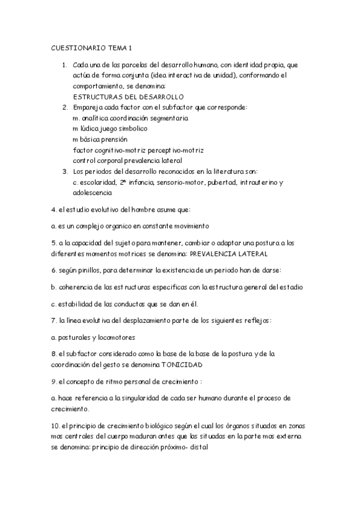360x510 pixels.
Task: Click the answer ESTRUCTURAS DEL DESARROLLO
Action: (x=128, y=97)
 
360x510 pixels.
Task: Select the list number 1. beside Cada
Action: (x=64, y=64)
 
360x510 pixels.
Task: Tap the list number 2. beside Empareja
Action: (x=64, y=108)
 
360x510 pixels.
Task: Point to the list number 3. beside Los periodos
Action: (x=64, y=172)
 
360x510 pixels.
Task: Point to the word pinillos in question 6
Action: (x=86, y=270)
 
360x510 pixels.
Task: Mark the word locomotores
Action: (x=114, y=337)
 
